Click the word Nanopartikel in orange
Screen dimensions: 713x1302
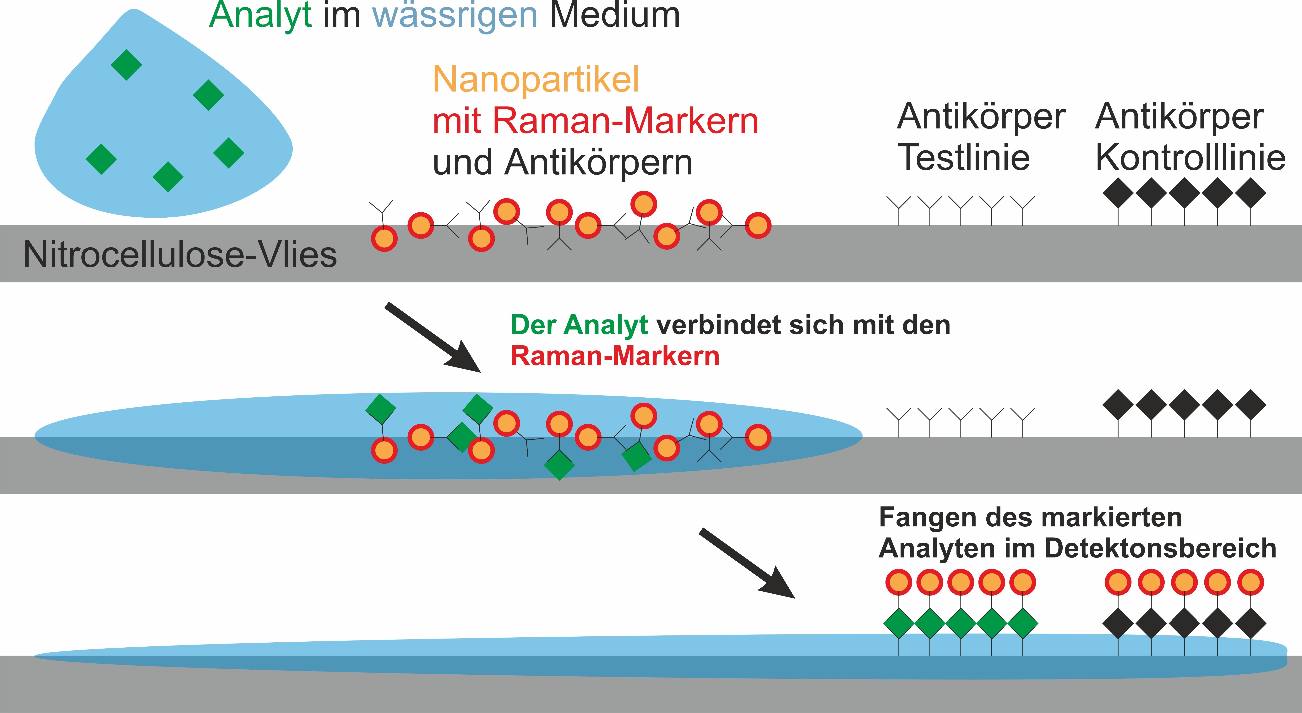pyautogui.click(x=536, y=80)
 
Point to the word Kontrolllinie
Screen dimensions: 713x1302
pyautogui.click(x=1190, y=158)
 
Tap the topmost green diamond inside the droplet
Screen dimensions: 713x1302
pyautogui.click(x=126, y=65)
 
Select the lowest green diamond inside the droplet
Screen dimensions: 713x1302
pyautogui.click(x=168, y=177)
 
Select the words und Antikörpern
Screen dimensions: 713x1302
pyautogui.click(x=562, y=163)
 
